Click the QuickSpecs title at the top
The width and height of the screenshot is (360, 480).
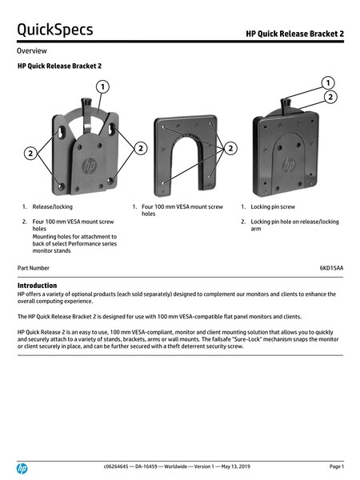point(55,30)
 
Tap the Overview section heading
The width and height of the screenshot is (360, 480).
point(32,51)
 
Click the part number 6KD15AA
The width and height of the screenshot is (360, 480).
point(331,268)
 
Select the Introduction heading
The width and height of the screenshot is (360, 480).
point(37,286)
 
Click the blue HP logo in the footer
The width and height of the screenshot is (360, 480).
point(22,468)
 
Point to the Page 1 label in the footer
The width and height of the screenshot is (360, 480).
point(337,466)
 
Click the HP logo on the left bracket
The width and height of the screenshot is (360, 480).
point(89,166)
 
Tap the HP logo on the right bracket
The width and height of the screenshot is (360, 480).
point(288,165)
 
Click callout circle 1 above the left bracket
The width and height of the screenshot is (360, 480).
point(102,87)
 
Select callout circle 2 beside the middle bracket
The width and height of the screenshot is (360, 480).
point(230,149)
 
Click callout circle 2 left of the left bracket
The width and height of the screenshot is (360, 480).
point(30,153)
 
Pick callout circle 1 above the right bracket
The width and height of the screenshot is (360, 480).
point(328,82)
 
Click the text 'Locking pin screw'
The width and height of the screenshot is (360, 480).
point(273,206)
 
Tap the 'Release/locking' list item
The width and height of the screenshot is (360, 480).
point(52,206)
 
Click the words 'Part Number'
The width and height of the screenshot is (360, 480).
point(34,268)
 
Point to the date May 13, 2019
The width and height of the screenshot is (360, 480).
point(235,466)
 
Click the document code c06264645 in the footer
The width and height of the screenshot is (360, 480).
point(116,466)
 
